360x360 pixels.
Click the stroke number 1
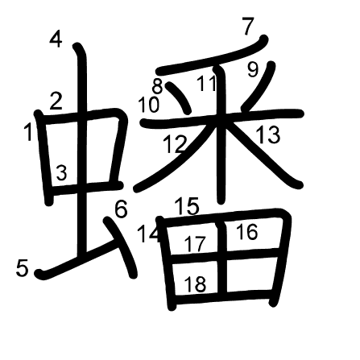pos(28,131)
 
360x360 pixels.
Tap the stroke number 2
pos(56,101)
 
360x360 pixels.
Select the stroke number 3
pos(61,172)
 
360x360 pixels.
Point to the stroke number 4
pos(56,39)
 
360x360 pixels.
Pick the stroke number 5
pos(22,268)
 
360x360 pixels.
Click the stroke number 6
pos(121,209)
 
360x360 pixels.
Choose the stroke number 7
pos(248,26)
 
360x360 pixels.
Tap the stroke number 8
pos(158,86)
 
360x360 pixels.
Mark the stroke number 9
pos(253,69)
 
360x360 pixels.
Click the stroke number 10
pos(149,105)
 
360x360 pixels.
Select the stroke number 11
pos(207,83)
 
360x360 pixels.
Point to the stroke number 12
pos(175,144)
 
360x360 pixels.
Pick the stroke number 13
pos(268,134)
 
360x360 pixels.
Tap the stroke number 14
pos(148,234)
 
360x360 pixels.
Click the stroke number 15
pos(187,206)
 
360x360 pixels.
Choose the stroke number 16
pos(247,232)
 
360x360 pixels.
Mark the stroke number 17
pos(195,244)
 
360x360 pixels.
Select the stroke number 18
pos(196,284)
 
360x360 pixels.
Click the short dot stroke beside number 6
pos(121,247)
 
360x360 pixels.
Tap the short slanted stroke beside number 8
pos(178,97)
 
